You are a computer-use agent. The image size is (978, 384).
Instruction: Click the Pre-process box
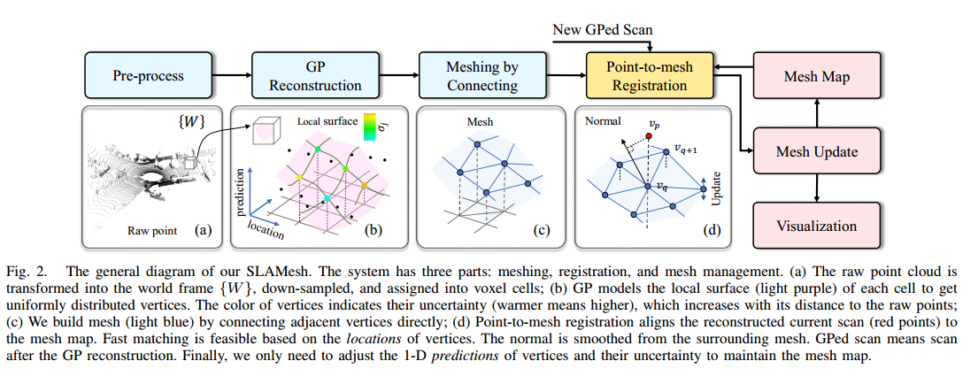coord(148,75)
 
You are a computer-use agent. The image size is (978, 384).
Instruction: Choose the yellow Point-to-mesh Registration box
coord(649,75)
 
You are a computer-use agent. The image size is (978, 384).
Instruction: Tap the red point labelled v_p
coord(649,137)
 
